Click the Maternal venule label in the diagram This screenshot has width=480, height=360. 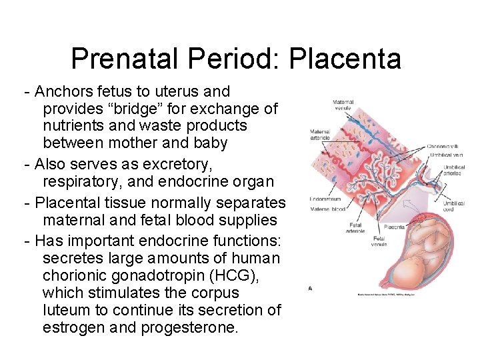click(x=343, y=105)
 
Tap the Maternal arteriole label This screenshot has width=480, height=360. click(x=320, y=135)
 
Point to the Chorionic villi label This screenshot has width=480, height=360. click(x=445, y=146)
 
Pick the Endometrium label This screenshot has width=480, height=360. click(x=325, y=199)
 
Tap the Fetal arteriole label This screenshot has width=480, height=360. click(x=356, y=228)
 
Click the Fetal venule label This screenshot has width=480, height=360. click(x=379, y=241)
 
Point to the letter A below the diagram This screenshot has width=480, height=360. click(x=311, y=289)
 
